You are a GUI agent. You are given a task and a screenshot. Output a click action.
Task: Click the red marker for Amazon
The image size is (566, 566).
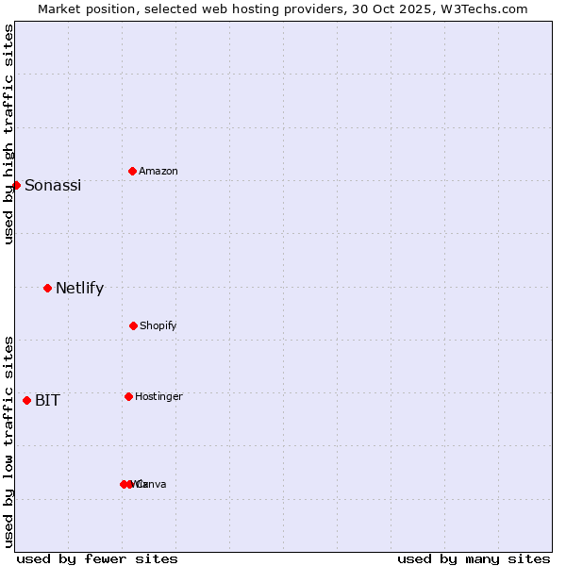coord(132,171)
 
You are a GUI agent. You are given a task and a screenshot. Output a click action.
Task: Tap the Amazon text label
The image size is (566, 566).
coord(158,172)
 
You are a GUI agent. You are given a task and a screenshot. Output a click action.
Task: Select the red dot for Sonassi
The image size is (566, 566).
coord(16,185)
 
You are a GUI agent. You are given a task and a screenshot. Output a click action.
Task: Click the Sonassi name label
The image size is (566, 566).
coord(53,186)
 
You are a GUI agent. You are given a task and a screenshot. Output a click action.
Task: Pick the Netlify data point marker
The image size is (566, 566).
coord(47,288)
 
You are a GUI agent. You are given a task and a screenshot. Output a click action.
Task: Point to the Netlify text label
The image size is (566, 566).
coord(79,289)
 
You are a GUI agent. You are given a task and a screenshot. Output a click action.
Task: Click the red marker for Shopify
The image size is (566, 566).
coord(133,325)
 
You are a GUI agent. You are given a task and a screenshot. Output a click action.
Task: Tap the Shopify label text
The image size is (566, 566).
coord(158,326)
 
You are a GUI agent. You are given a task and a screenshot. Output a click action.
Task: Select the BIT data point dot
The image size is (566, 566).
coord(26,400)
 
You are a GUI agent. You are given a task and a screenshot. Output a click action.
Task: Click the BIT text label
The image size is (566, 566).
coord(47,401)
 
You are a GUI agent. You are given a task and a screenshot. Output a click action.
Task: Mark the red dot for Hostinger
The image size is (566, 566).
coord(128,396)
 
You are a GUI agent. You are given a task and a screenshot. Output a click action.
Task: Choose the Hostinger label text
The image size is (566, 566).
coord(158,397)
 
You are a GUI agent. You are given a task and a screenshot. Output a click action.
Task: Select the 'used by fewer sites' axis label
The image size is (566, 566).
coord(97,558)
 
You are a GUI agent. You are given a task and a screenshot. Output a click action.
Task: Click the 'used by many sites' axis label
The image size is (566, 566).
coord(474,558)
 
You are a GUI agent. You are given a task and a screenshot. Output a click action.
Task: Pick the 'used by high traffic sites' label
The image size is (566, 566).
coord(8,134)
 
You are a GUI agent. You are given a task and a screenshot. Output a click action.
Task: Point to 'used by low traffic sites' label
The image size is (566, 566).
coord(8,441)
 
